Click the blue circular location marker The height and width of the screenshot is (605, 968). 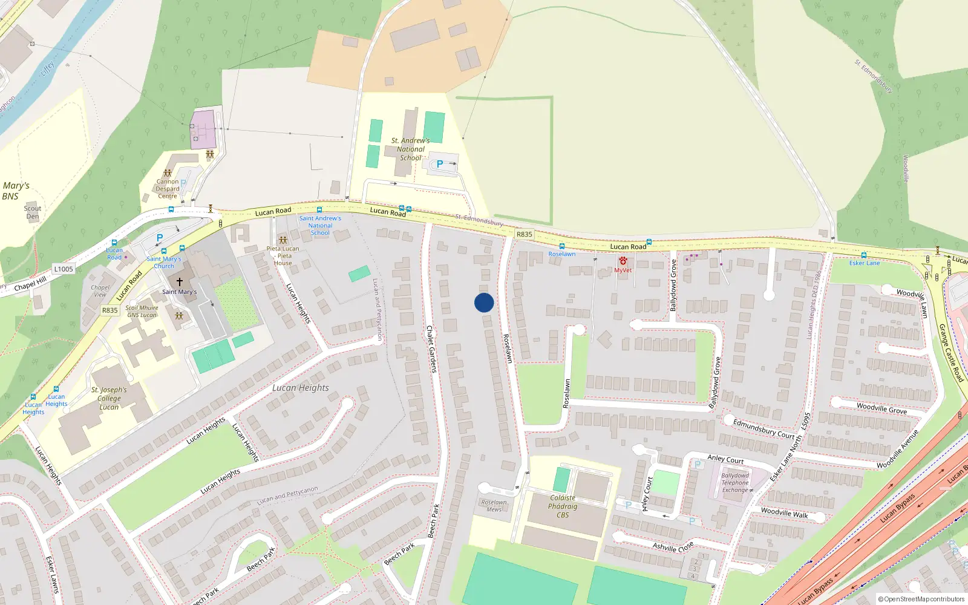click(484, 302)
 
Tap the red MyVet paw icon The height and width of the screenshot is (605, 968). click(623, 261)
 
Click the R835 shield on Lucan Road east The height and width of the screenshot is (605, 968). click(525, 234)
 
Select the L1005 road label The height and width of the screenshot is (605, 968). click(64, 269)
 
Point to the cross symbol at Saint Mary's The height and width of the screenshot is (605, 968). click(179, 282)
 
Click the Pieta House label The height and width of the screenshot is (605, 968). click(283, 256)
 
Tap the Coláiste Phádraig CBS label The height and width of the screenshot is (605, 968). click(563, 506)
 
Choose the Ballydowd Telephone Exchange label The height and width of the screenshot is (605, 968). click(735, 483)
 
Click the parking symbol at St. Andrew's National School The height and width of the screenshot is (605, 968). click(440, 164)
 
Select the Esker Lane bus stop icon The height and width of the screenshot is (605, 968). click(864, 255)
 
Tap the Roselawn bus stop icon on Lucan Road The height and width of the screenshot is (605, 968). click(561, 246)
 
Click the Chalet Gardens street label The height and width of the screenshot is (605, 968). click(431, 349)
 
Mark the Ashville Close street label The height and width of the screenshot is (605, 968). click(673, 547)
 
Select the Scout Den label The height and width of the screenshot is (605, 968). click(33, 212)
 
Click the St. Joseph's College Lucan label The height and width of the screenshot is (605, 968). click(109, 398)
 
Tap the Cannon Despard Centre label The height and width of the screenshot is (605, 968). click(168, 189)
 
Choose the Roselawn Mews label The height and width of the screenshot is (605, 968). click(494, 506)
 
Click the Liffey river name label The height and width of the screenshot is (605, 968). click(47, 68)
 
